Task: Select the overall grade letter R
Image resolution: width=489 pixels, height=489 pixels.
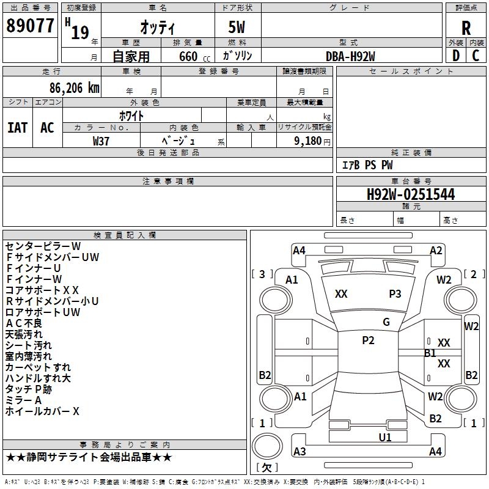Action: [x=466, y=28]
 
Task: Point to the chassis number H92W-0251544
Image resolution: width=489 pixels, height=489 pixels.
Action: [x=411, y=195]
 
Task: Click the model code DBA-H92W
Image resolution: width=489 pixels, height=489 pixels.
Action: [x=350, y=56]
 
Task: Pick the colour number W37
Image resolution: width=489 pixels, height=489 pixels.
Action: [x=101, y=141]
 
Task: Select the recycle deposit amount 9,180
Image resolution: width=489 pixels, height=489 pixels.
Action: [x=306, y=141]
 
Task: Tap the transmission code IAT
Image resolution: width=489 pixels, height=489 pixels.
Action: [x=17, y=127]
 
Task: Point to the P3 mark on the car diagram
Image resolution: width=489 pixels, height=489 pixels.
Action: [x=395, y=294]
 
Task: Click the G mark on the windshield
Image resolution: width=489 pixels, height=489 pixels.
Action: [x=386, y=322]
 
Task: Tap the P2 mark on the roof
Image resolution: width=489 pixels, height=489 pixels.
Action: [x=368, y=340]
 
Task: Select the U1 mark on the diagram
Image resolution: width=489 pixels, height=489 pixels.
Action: [x=384, y=437]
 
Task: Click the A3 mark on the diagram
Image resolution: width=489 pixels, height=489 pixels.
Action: [x=300, y=452]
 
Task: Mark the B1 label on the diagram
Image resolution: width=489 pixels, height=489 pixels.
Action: [x=430, y=353]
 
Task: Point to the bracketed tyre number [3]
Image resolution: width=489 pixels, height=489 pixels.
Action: [x=262, y=274]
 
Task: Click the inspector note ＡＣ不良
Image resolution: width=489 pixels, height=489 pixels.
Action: [x=24, y=323]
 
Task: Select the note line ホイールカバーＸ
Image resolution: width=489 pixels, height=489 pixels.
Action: [x=42, y=411]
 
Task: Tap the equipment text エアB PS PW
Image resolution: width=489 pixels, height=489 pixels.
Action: [x=367, y=165]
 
